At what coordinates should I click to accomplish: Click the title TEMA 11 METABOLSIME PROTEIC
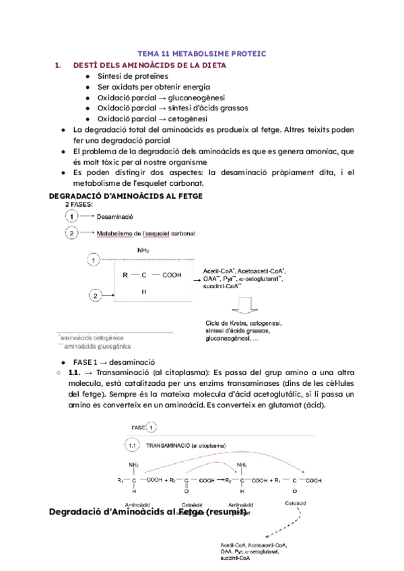tap(202, 53)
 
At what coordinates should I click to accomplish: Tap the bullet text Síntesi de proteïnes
tap(131, 76)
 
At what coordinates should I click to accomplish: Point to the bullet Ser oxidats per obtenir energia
tap(154, 87)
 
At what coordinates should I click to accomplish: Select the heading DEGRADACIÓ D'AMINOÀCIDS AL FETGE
tap(126, 195)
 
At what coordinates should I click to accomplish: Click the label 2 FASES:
tap(79, 203)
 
